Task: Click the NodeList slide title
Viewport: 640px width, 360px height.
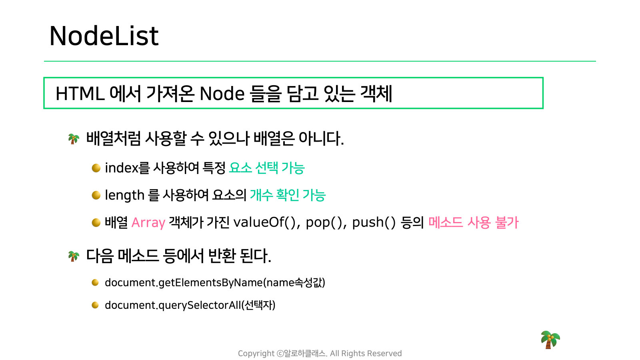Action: pos(104,36)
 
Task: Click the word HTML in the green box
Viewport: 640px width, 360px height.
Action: pos(80,94)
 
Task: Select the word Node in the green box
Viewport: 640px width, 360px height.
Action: pos(222,94)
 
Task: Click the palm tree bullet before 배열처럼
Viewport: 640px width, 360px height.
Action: pos(74,139)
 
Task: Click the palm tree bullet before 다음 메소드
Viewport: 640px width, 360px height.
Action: pos(74,256)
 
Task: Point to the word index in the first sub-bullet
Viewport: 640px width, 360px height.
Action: pos(122,168)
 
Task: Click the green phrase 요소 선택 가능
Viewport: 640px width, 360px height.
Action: pos(267,168)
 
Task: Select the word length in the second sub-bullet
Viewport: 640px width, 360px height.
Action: pos(124,196)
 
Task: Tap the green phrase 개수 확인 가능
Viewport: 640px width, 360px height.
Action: pos(288,195)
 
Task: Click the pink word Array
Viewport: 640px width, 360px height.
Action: pos(148,222)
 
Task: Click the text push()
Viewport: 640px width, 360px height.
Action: pos(374,222)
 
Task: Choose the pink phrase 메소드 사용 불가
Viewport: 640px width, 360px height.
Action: pos(474,222)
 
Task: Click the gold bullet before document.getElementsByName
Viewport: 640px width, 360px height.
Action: pos(95,282)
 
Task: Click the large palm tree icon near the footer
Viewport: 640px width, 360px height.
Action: pos(550,340)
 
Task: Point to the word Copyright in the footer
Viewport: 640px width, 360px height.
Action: pos(256,354)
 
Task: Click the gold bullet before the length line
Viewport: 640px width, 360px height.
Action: pos(96,196)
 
